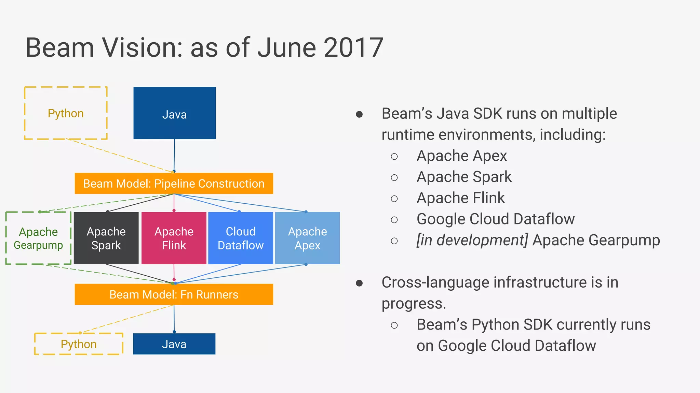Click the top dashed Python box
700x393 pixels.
(x=66, y=113)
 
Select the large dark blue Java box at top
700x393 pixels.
(x=174, y=113)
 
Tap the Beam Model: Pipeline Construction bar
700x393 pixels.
(x=174, y=184)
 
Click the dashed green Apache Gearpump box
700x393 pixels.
(x=38, y=238)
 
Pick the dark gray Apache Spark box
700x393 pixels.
(x=106, y=238)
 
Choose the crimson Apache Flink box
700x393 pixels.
(x=174, y=238)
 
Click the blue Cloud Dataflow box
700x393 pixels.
(x=241, y=238)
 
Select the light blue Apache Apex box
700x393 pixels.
(x=307, y=238)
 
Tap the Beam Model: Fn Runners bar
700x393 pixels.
(x=174, y=294)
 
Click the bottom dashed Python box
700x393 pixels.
(x=79, y=344)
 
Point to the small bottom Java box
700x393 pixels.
(x=174, y=344)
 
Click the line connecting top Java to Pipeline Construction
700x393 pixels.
(x=174, y=155)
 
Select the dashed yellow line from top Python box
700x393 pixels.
(x=120, y=155)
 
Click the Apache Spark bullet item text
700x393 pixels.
(x=464, y=177)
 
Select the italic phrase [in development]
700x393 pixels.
(x=472, y=240)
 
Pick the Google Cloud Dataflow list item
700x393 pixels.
(x=495, y=219)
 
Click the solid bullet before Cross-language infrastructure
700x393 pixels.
(x=359, y=283)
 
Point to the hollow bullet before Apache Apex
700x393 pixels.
(x=394, y=157)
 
